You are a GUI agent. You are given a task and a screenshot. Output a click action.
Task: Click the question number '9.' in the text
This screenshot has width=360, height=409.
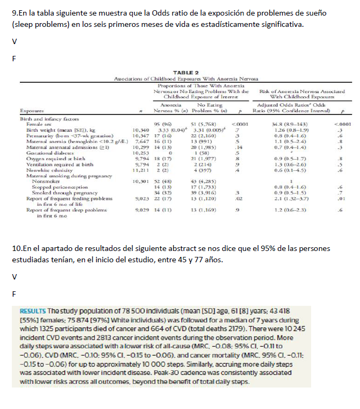pyautogui.click(x=14, y=12)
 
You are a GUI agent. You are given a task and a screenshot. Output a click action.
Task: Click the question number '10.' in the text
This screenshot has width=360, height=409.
pyautogui.click(x=16, y=249)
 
